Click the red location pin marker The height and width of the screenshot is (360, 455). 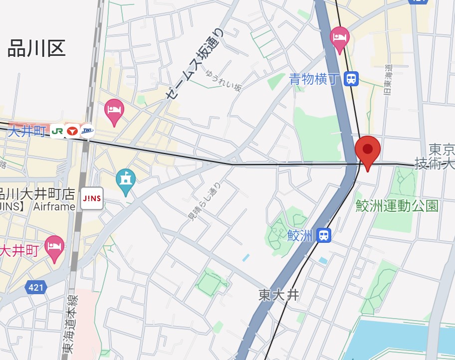(x=368, y=150)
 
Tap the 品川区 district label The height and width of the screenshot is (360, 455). (x=36, y=49)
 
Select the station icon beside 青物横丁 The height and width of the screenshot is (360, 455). (x=352, y=78)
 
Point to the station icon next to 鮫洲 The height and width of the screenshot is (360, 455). (x=324, y=235)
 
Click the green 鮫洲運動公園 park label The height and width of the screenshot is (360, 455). (x=397, y=205)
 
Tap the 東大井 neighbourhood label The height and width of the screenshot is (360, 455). (x=279, y=295)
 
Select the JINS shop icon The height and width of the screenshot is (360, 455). (x=92, y=198)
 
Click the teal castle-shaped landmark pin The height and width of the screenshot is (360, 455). (x=125, y=180)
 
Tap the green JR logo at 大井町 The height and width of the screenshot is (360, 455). (x=57, y=131)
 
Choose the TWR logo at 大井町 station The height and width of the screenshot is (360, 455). (x=87, y=131)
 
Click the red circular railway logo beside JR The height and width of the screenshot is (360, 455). (x=72, y=131)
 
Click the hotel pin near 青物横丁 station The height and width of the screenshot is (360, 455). (x=340, y=38)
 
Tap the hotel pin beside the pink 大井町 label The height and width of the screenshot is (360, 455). (x=54, y=247)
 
